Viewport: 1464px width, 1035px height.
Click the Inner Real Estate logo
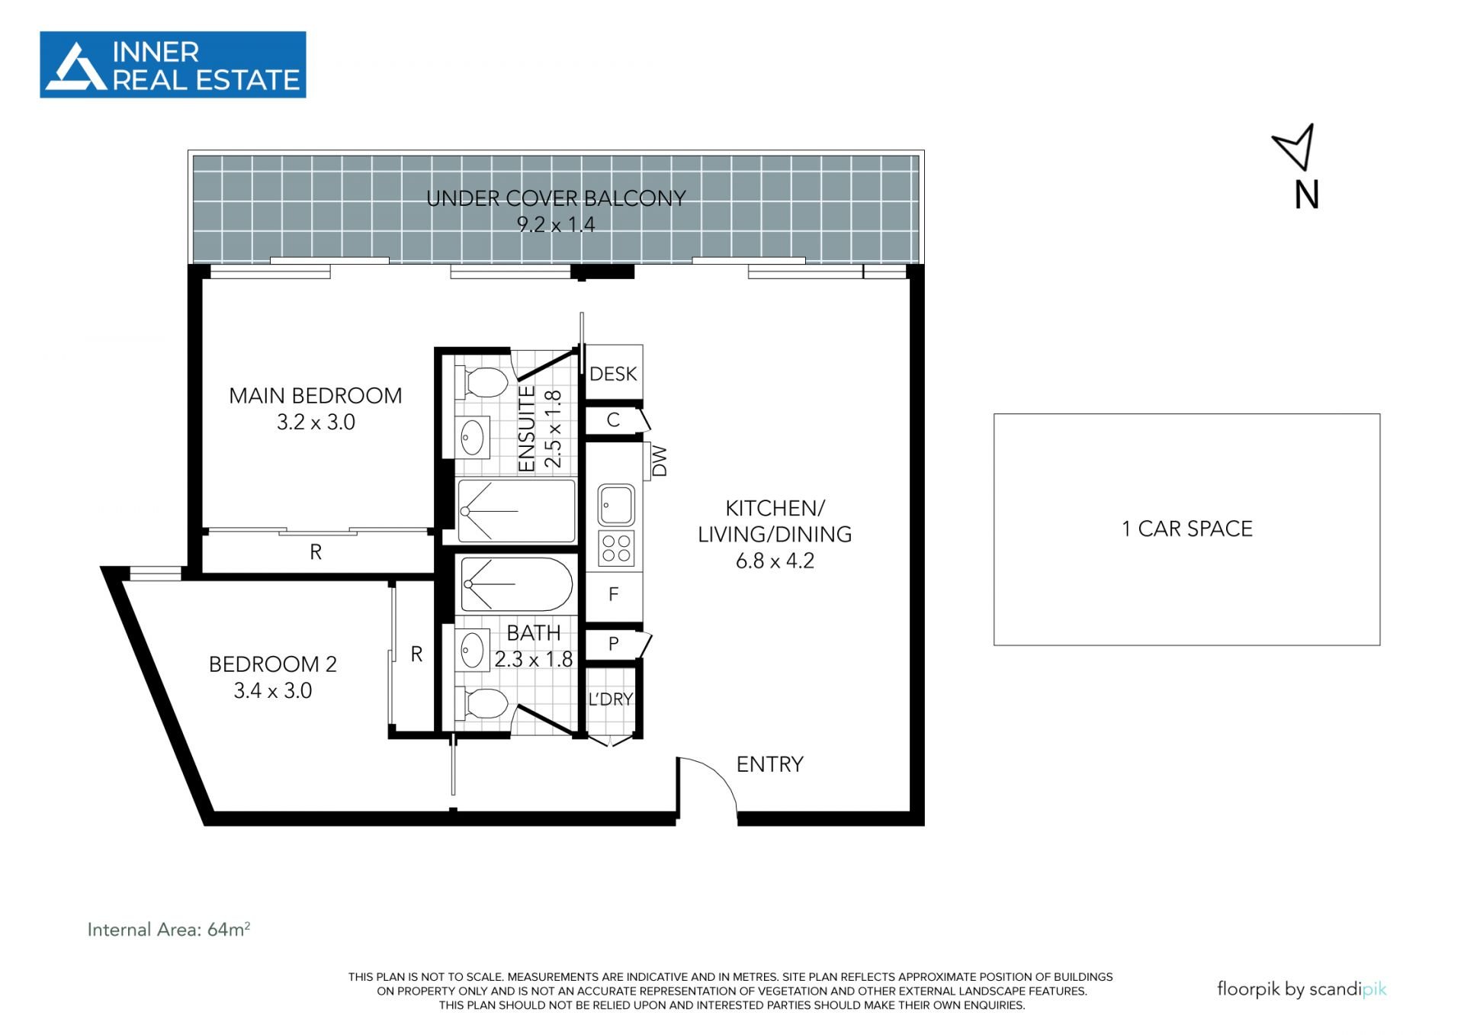pos(173,65)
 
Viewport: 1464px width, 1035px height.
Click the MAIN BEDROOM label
pos(316,396)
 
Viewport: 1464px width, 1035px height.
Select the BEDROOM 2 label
pos(273,664)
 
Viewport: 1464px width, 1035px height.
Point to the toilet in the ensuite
pos(482,382)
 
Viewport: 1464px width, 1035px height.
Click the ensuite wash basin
pos(473,437)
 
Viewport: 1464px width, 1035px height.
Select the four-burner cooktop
pos(616,548)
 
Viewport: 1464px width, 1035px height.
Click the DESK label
pos(613,374)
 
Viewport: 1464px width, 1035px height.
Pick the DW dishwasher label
pos(660,461)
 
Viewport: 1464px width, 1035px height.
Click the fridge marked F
pos(614,595)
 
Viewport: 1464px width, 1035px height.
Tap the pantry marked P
pos(614,644)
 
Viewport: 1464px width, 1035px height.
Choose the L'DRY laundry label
pos(611,699)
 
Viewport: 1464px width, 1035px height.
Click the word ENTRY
pos(770,764)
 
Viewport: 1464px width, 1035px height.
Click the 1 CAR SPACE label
pos(1187,529)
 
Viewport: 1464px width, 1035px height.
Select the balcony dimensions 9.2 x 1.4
pos(556,225)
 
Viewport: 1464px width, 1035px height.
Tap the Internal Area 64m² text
pos(169,929)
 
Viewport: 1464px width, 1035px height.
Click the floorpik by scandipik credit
pos(1302,989)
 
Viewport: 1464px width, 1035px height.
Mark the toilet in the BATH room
pos(482,703)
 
